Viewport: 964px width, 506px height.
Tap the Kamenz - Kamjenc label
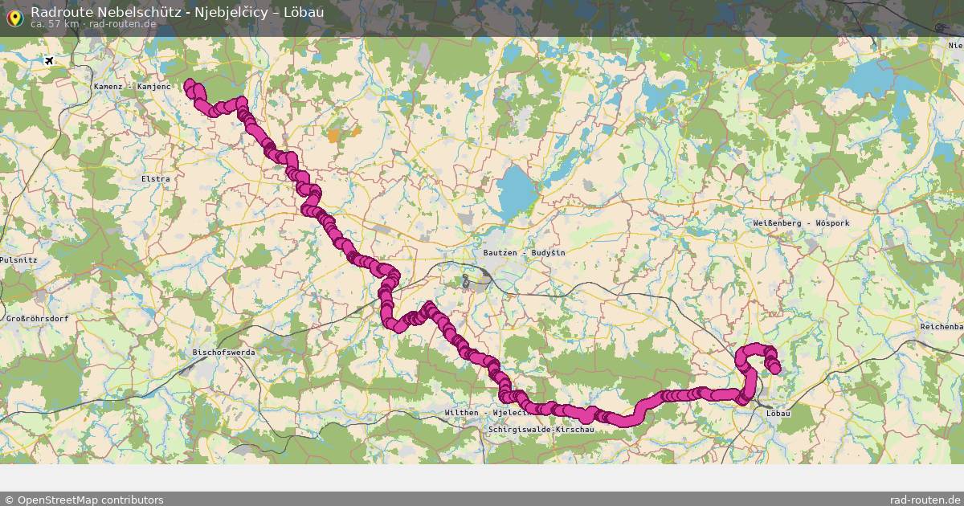(x=132, y=87)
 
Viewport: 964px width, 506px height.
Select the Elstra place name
(x=155, y=179)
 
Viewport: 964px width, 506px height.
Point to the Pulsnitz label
(x=18, y=260)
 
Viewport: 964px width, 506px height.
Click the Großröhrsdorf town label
(x=37, y=319)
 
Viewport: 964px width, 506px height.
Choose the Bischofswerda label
(x=223, y=353)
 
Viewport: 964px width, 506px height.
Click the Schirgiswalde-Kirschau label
(x=541, y=431)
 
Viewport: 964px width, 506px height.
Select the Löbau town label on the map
(x=778, y=414)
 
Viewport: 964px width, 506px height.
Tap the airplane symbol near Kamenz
(x=50, y=61)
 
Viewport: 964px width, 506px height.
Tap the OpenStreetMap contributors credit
(x=84, y=500)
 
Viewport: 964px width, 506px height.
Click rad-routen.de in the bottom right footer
(x=925, y=500)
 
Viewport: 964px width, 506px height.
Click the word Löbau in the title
(x=304, y=12)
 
